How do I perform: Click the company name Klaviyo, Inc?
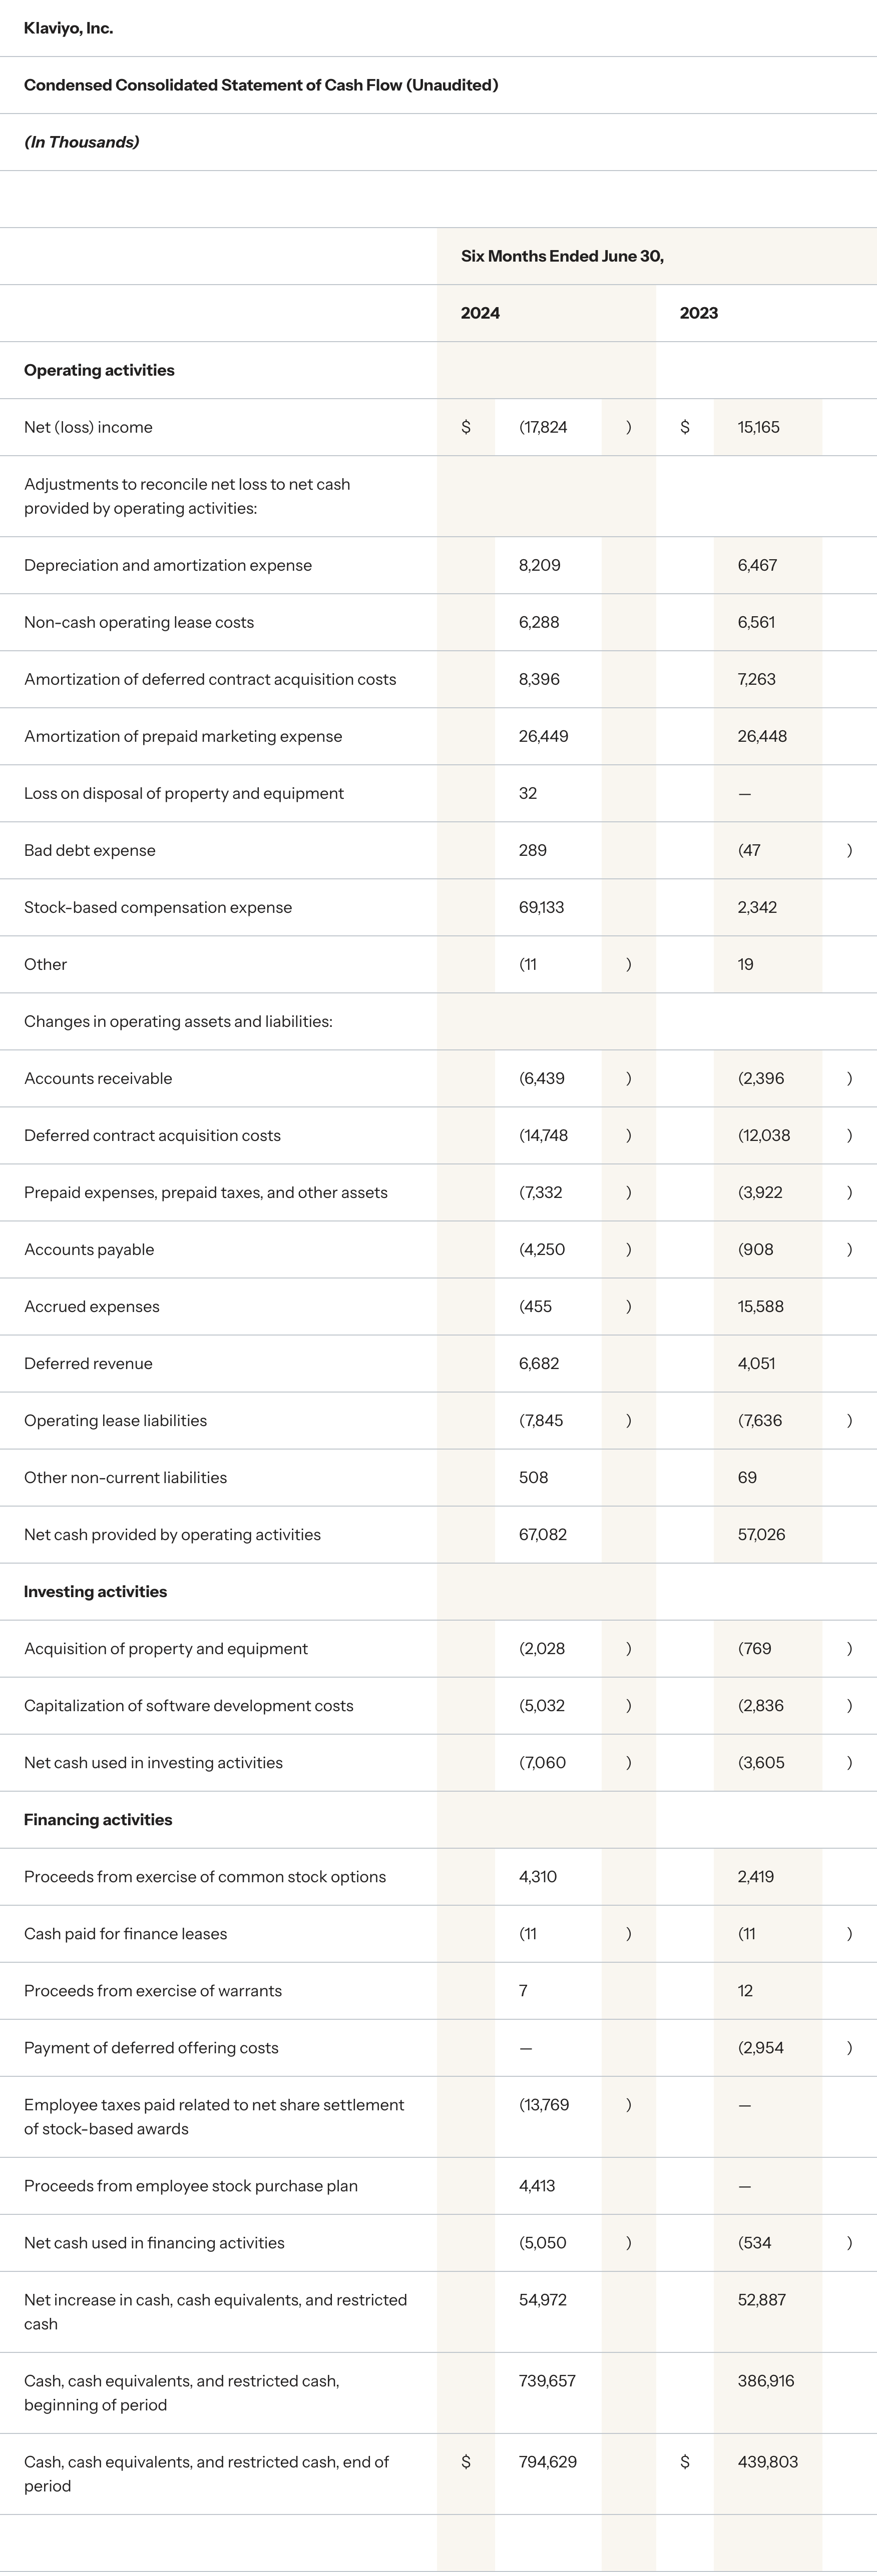point(68,28)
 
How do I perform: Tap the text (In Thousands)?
point(81,142)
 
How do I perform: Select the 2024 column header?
point(480,313)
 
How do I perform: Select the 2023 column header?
point(698,313)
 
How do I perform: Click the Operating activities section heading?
point(99,370)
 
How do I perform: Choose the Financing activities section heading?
point(98,1819)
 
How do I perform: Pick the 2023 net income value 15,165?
point(758,427)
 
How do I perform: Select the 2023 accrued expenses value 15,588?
point(760,1306)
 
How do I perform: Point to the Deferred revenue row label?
point(88,1363)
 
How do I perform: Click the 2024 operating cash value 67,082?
point(543,1534)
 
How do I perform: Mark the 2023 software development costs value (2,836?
point(760,1705)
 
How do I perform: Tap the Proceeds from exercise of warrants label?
point(153,1990)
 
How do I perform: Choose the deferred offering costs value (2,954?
point(760,2047)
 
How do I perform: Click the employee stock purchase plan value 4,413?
point(537,2186)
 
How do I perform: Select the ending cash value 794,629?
point(548,2461)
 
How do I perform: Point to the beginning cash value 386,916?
point(765,2380)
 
